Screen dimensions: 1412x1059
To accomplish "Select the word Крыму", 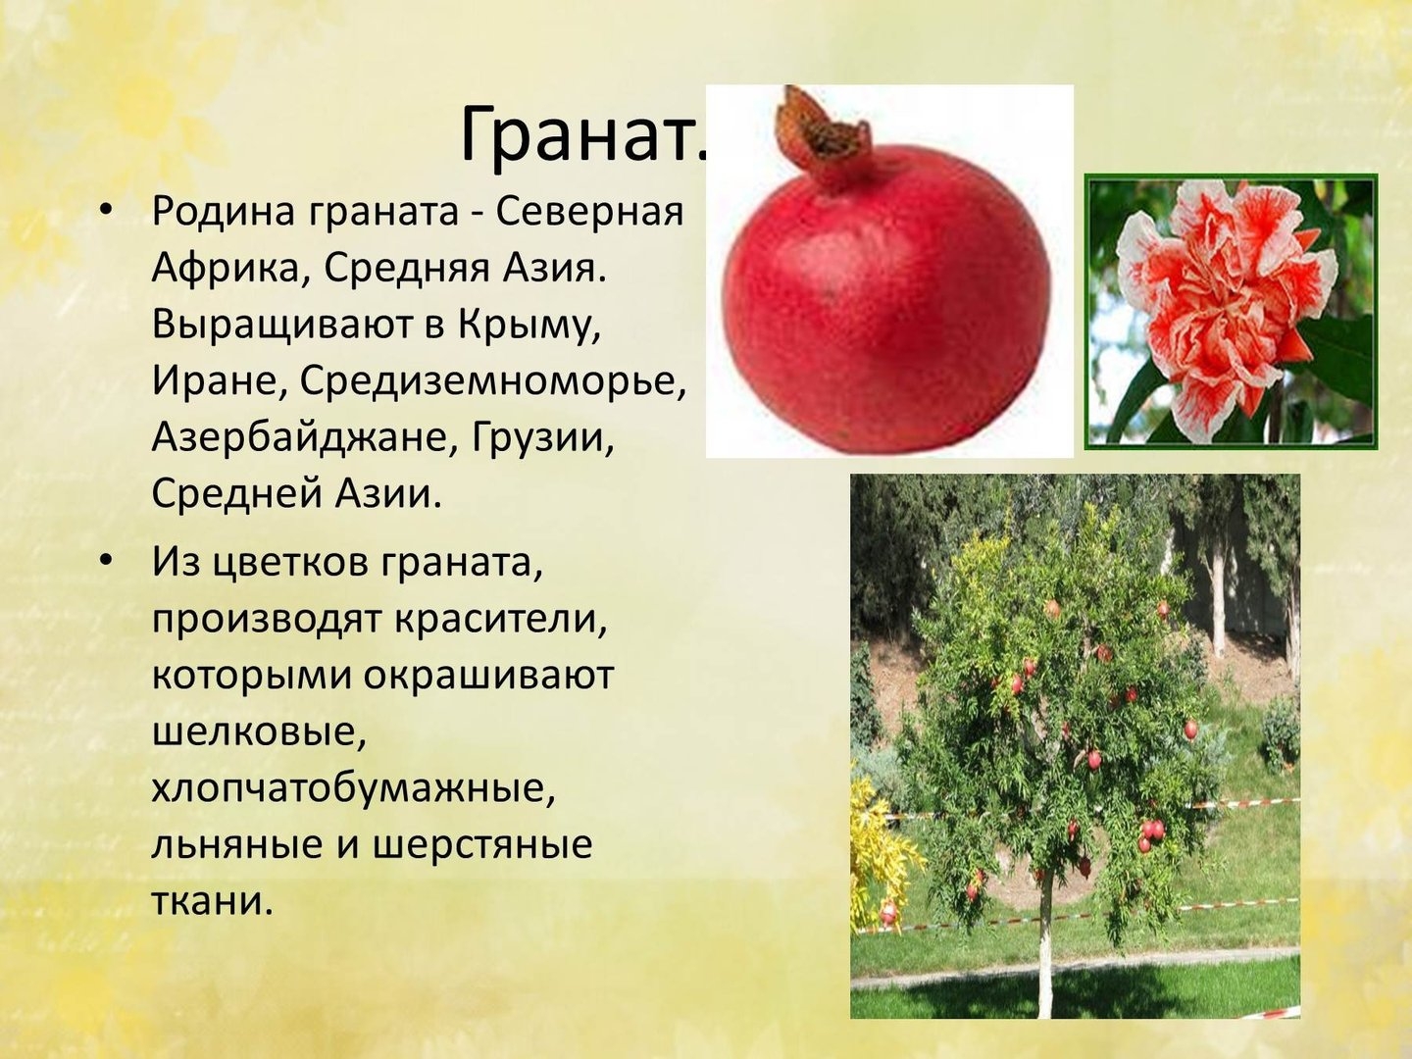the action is [529, 326].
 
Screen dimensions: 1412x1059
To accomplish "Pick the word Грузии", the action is [543, 438].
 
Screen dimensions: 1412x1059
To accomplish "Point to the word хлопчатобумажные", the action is [353, 788].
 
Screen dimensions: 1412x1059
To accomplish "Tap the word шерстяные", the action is [482, 845].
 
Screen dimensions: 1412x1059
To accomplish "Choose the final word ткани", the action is [209, 900].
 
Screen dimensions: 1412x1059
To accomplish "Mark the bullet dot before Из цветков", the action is [106, 562].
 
